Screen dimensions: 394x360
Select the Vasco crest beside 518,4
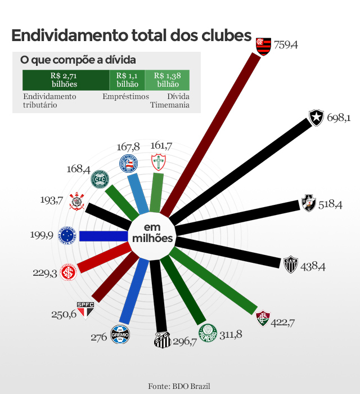click(x=308, y=203)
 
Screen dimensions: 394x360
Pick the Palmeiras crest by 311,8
click(x=207, y=334)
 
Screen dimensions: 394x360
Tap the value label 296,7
click(x=185, y=342)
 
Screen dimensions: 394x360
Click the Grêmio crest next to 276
click(x=120, y=334)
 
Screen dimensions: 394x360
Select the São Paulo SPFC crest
click(x=85, y=309)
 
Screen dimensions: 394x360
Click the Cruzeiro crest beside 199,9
click(x=67, y=235)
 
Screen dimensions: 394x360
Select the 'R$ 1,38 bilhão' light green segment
click(x=166, y=80)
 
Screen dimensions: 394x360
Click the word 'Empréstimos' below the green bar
click(x=125, y=96)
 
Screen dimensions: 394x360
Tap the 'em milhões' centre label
click(x=152, y=233)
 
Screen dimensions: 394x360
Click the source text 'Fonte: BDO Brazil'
click(x=179, y=386)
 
